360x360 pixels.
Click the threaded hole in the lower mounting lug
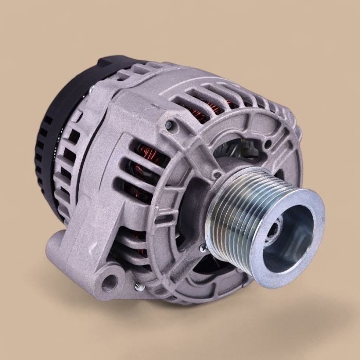pos(109,280)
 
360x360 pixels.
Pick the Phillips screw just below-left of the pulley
pos(204,247)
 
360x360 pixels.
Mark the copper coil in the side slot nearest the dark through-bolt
pos(139,154)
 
